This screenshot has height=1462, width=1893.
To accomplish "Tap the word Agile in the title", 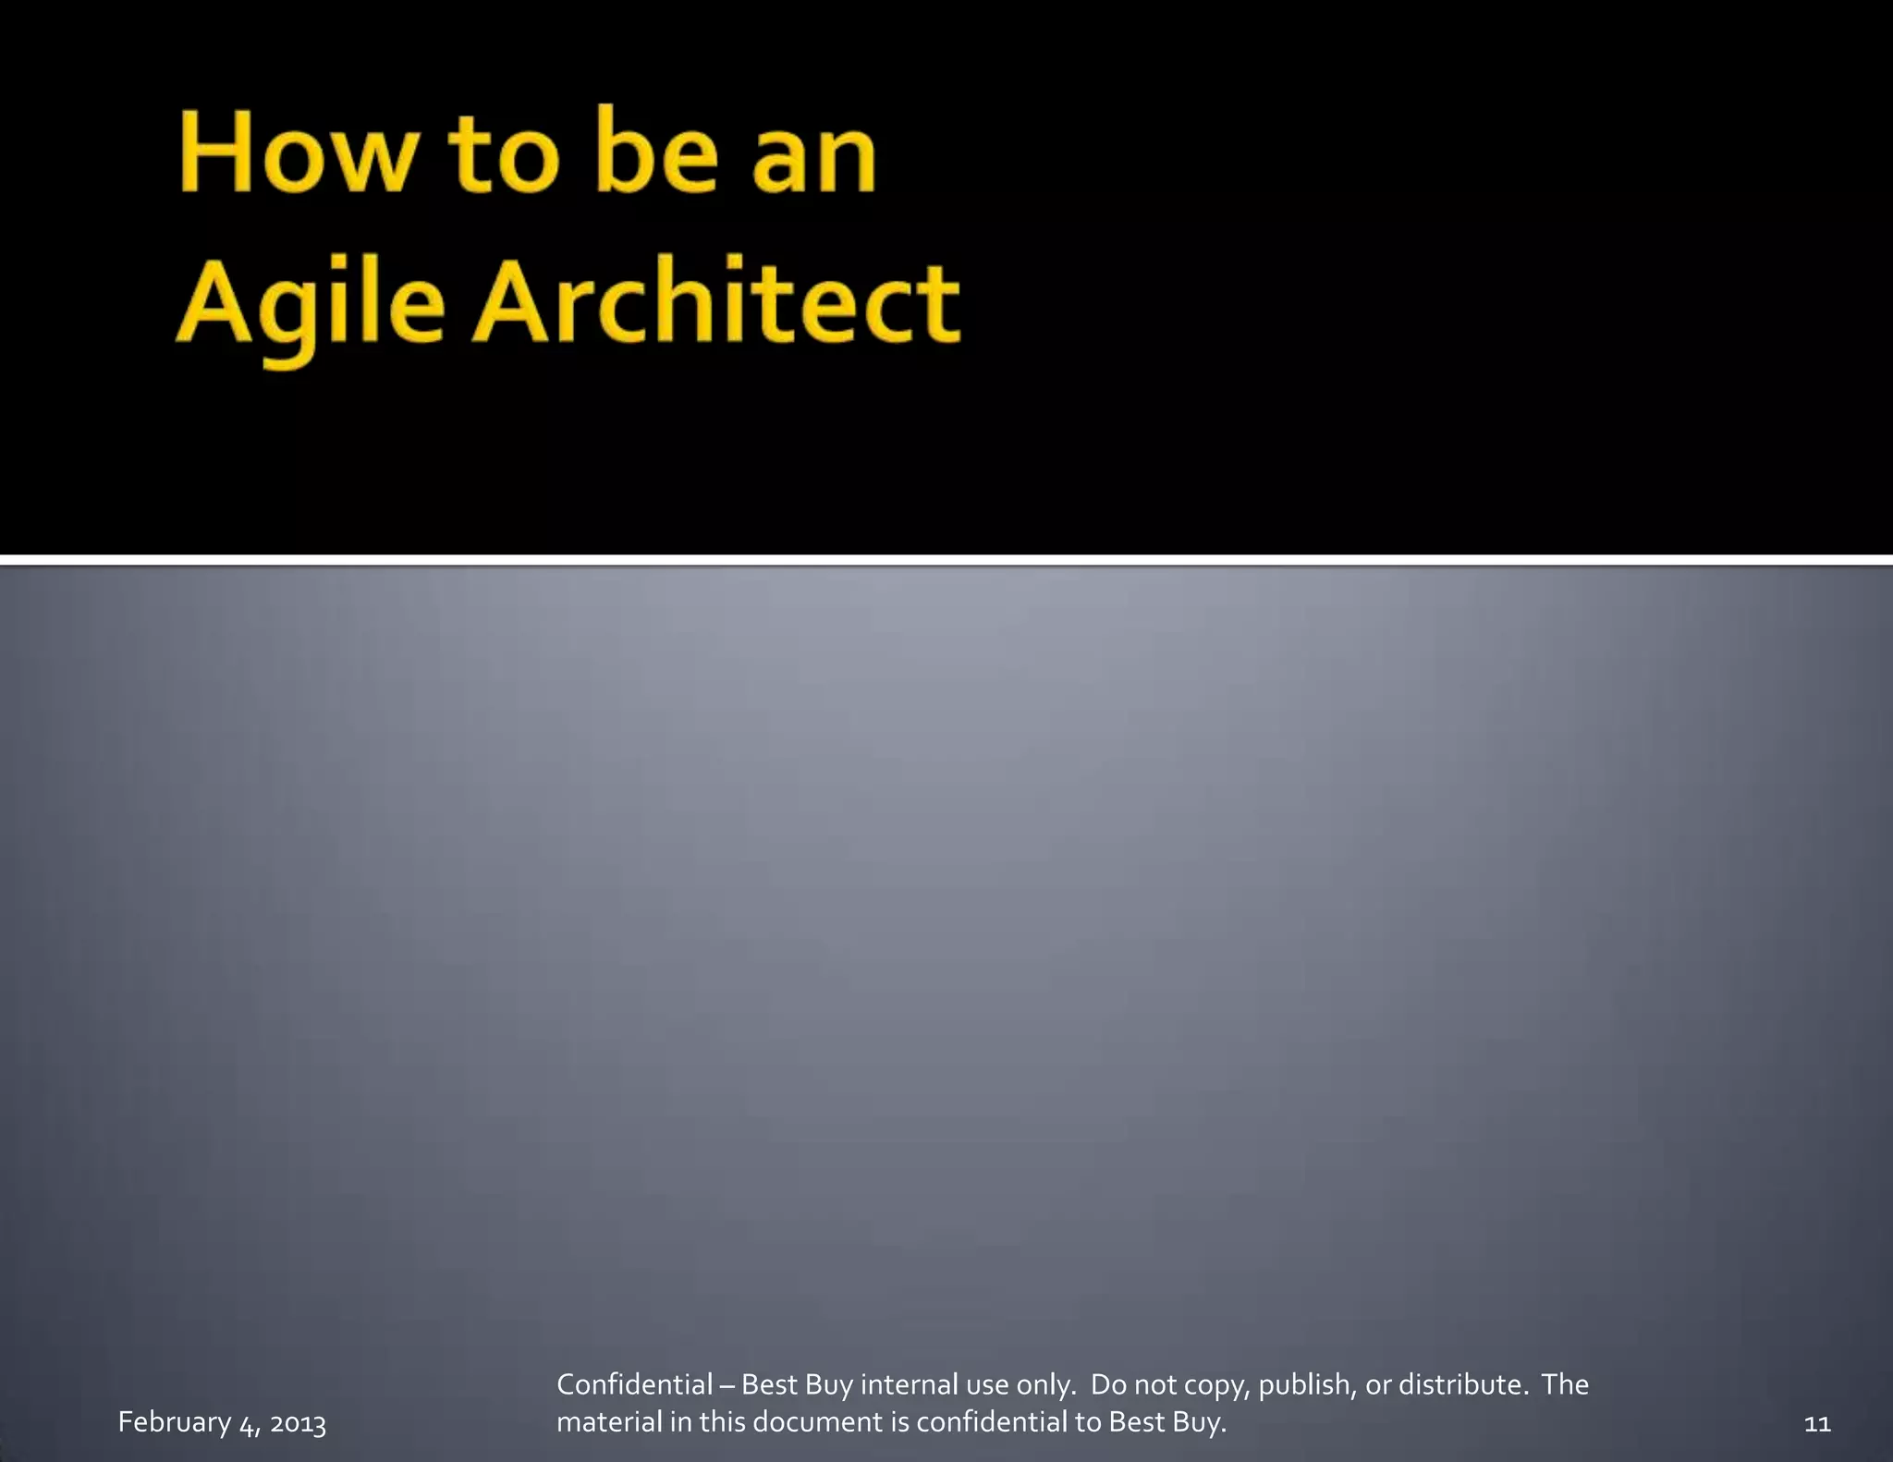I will tap(311, 303).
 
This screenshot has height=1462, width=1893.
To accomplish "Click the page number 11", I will tap(1817, 1423).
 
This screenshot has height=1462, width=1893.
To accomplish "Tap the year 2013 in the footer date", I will tap(298, 1423).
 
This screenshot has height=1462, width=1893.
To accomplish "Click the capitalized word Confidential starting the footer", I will tap(634, 1384).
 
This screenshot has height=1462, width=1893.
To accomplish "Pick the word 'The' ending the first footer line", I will tap(1565, 1384).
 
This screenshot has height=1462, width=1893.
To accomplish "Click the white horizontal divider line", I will tap(946, 559).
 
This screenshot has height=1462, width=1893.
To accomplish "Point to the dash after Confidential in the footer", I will tap(727, 1385).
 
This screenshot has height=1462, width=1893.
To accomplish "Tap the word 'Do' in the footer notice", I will tap(1109, 1384).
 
